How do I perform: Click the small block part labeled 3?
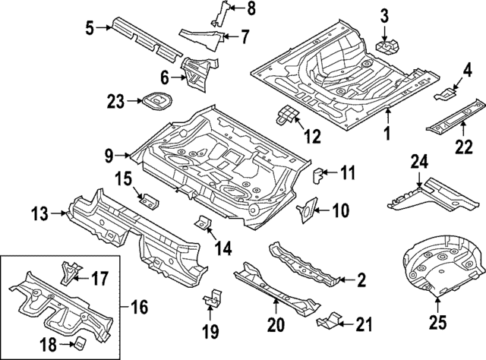(x=387, y=45)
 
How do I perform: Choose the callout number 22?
(x=462, y=150)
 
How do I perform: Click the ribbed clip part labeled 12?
(x=286, y=115)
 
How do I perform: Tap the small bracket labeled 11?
(x=320, y=175)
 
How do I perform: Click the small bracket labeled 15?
(x=149, y=201)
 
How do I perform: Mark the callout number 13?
(x=42, y=215)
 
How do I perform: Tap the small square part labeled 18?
(x=79, y=341)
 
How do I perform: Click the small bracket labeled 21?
(x=327, y=321)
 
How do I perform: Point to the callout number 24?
(x=419, y=163)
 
